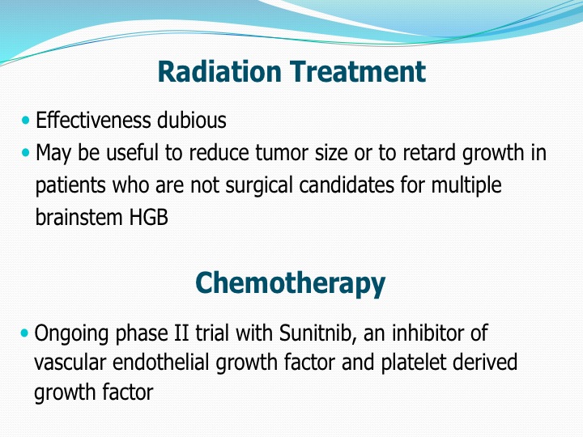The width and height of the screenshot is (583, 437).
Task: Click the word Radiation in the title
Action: [x=219, y=71]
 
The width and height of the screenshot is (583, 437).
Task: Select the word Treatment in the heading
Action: [x=358, y=71]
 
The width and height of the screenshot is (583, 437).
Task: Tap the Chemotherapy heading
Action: [x=291, y=283]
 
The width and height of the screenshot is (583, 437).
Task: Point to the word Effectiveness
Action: [x=93, y=120]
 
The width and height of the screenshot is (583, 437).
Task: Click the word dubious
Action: [x=192, y=120]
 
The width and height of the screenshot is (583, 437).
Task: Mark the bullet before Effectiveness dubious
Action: [x=25, y=120]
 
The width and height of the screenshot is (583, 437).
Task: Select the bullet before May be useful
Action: [x=25, y=152]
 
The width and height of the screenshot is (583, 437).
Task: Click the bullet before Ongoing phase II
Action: [x=24, y=333]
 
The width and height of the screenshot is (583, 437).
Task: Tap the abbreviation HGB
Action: [x=148, y=218]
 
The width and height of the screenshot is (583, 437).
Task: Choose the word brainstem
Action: [x=79, y=217]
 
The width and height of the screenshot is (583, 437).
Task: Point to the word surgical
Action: [x=259, y=185]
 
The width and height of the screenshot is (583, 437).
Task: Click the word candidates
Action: [x=347, y=185]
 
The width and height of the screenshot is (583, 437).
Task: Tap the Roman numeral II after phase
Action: [x=181, y=333]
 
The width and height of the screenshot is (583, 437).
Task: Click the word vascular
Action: [x=70, y=363]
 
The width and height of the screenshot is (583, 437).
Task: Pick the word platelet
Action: [x=415, y=363]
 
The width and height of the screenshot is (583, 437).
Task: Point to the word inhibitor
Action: [x=428, y=333]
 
